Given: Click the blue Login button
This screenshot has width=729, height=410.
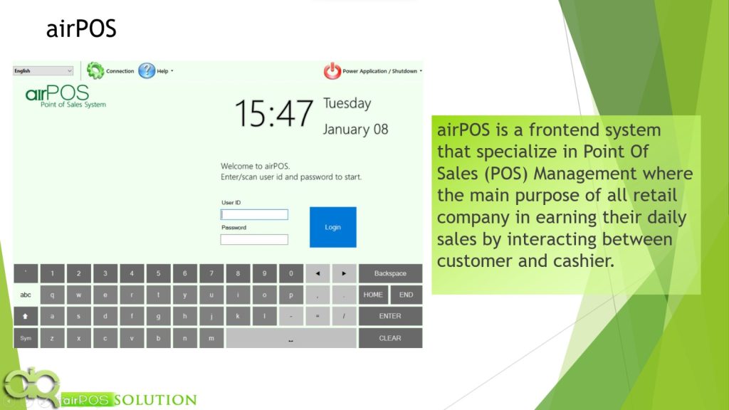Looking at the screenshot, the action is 333,227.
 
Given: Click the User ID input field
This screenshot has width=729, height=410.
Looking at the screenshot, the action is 254,214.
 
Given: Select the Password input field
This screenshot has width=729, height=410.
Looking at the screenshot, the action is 254,239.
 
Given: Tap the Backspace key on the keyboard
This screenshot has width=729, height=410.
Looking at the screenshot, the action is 390,273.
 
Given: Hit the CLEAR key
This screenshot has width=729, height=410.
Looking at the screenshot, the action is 390,338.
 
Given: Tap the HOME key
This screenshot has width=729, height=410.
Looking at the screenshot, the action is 373,295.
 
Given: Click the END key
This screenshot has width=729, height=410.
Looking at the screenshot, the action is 406,295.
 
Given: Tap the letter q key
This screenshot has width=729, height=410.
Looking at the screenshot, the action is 52,295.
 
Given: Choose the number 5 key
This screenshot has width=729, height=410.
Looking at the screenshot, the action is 158,273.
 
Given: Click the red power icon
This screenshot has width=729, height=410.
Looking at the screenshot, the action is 332,70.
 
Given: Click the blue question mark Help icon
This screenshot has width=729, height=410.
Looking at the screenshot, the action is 147,70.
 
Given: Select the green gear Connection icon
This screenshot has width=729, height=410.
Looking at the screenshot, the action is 95,70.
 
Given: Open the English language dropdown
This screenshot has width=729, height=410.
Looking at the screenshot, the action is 43,70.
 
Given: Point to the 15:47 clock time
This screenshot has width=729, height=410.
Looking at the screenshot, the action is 274,113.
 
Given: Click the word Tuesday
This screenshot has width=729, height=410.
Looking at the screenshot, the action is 347,103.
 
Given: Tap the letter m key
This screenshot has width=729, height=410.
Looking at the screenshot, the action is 211,338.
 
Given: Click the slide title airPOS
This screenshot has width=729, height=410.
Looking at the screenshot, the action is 81,28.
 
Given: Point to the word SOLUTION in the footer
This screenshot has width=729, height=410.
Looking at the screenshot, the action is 155,400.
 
